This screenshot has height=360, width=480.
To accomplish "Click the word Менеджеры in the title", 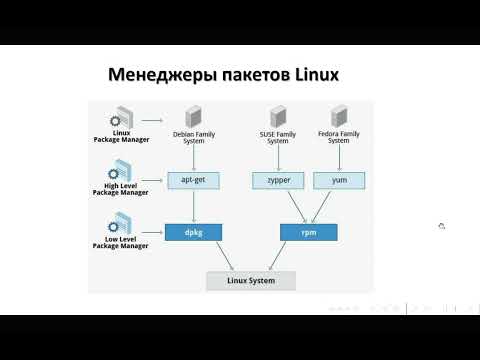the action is [152, 75].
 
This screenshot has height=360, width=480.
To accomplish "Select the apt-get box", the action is [192, 181].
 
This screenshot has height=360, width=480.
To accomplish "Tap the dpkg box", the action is [192, 232].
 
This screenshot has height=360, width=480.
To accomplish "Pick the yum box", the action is [337, 181].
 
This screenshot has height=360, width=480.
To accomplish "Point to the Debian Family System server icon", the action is [191, 114].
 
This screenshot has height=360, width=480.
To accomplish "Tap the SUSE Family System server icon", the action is [279, 114].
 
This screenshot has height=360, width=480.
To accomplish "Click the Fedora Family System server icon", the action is [338, 114].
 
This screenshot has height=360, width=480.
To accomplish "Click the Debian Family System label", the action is [193, 137].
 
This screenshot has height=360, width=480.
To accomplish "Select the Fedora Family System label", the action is [339, 137].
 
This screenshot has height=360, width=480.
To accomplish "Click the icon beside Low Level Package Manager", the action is [123, 221].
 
